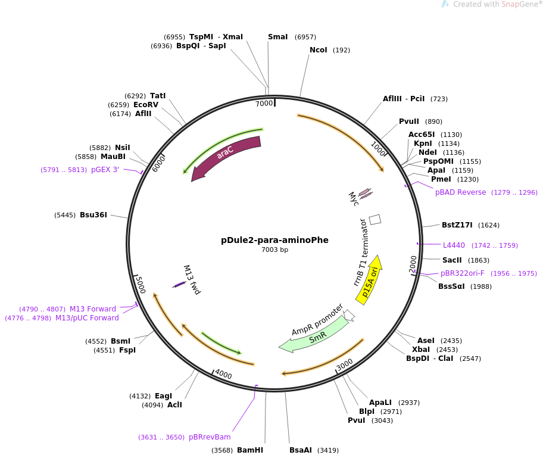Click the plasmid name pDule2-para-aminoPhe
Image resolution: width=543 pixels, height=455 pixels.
274,240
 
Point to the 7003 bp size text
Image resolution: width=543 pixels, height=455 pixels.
274,250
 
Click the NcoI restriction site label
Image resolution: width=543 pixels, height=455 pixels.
319,50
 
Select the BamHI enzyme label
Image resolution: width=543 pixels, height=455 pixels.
250,450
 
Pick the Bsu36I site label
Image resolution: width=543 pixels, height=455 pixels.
93,215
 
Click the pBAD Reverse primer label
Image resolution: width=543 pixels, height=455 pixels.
461,192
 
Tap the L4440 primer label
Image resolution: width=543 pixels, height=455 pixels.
454,245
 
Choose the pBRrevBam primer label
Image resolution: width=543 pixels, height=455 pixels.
210,437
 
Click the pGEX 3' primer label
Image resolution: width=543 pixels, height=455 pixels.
105,170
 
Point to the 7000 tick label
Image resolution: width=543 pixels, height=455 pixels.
264,104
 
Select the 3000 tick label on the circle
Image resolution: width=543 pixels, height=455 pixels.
345,364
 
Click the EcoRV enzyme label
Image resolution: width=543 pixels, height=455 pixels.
146,105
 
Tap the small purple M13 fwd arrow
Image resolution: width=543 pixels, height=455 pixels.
179,285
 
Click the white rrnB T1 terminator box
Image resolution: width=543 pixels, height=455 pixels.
375,220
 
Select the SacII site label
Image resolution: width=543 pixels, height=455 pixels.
452,260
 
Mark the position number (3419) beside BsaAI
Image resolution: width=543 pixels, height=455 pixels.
328,450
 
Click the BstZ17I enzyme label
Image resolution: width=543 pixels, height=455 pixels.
457,225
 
